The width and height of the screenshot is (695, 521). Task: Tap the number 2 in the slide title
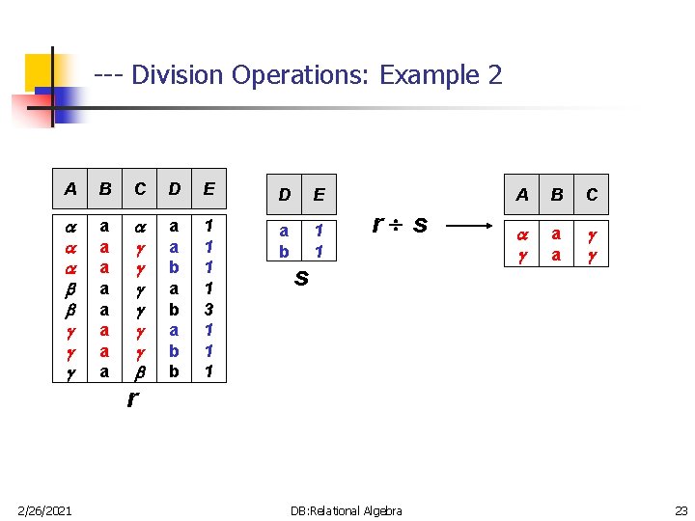pyautogui.click(x=494, y=74)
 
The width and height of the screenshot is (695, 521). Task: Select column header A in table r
pyautogui.click(x=69, y=189)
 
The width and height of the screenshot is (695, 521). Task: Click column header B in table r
pyautogui.click(x=104, y=189)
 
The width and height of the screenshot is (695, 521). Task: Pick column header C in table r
pyautogui.click(x=140, y=189)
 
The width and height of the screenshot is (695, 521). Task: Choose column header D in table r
pyautogui.click(x=175, y=189)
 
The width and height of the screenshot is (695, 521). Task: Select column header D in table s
pyautogui.click(x=284, y=195)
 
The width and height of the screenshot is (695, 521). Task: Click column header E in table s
pyautogui.click(x=319, y=195)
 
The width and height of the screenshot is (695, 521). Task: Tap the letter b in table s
pyautogui.click(x=284, y=251)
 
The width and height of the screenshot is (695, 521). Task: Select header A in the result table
pyautogui.click(x=522, y=195)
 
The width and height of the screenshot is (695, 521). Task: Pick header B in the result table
pyautogui.click(x=557, y=195)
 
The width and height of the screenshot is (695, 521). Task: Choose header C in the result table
pyautogui.click(x=592, y=195)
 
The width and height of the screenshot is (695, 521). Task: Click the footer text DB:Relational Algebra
pyautogui.click(x=347, y=510)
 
